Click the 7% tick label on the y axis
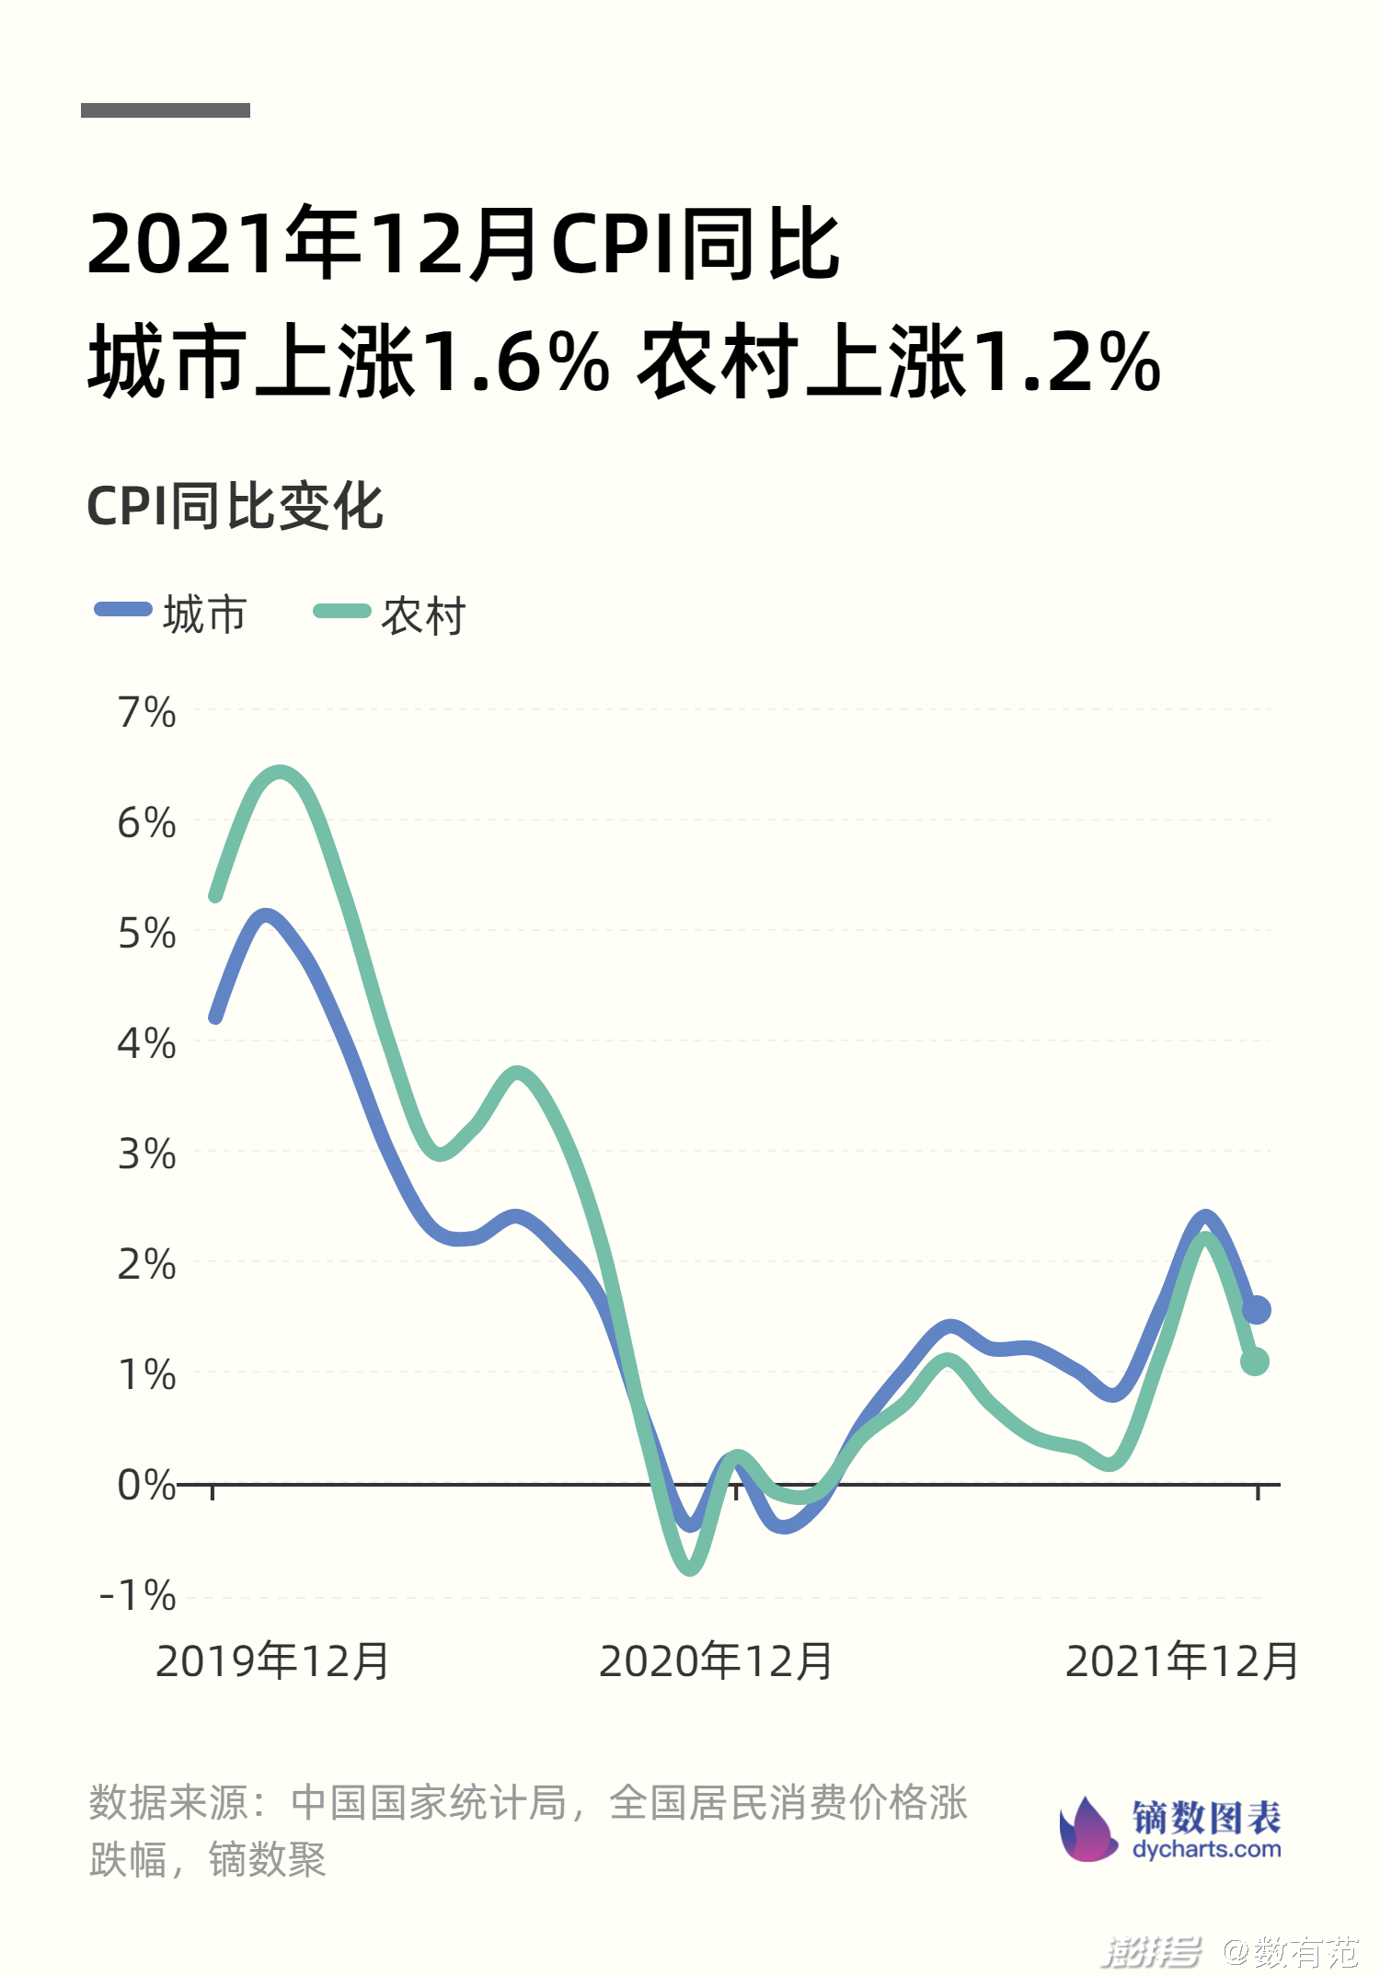pos(146,713)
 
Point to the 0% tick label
pos(146,1485)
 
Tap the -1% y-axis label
pos(138,1595)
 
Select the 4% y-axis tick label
pos(146,1044)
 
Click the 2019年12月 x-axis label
pos(272,1661)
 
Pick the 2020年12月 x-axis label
pos(716,1661)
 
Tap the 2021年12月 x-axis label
pos(1181,1661)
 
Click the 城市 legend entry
pos(173,614)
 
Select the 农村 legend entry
pos(391,615)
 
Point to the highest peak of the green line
pos(280,773)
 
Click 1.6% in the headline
pos(518,362)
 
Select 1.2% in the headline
pos(1067,362)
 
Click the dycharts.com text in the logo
pos(1206,1849)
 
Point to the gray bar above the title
pos(166,110)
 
